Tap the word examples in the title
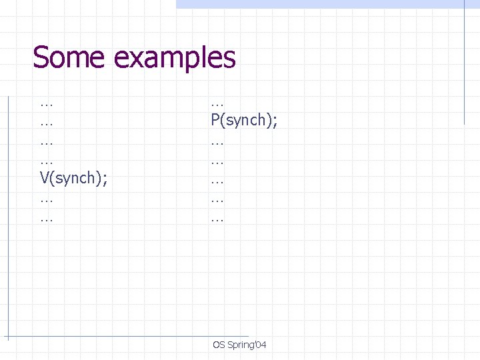pyautogui.click(x=175, y=59)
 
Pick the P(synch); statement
pyautogui.click(x=244, y=121)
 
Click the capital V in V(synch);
pyautogui.click(x=45, y=179)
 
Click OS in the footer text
pyautogui.click(x=219, y=345)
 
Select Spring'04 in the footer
pyautogui.click(x=247, y=345)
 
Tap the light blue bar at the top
pyautogui.click(x=320, y=4)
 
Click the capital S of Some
pyautogui.click(x=41, y=57)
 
